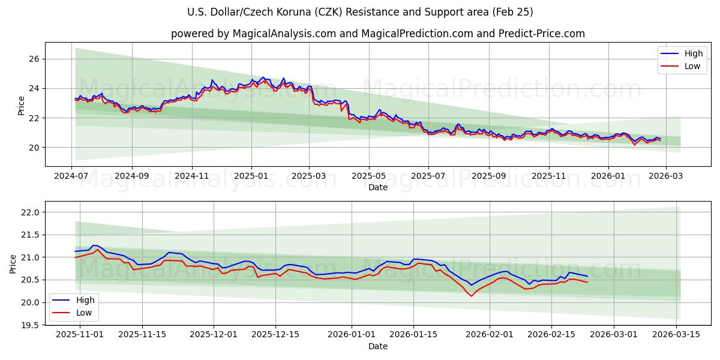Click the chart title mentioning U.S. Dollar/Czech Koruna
pos(360,12)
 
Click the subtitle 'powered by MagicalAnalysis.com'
pos(378,34)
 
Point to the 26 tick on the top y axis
pos(34,59)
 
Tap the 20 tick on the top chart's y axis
pos(34,148)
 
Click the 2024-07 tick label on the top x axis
pos(72,176)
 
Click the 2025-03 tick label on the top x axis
pos(310,176)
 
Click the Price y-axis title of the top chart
pos(22,106)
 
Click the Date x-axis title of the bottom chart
pos(378,346)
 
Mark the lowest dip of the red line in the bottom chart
pos(471,296)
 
